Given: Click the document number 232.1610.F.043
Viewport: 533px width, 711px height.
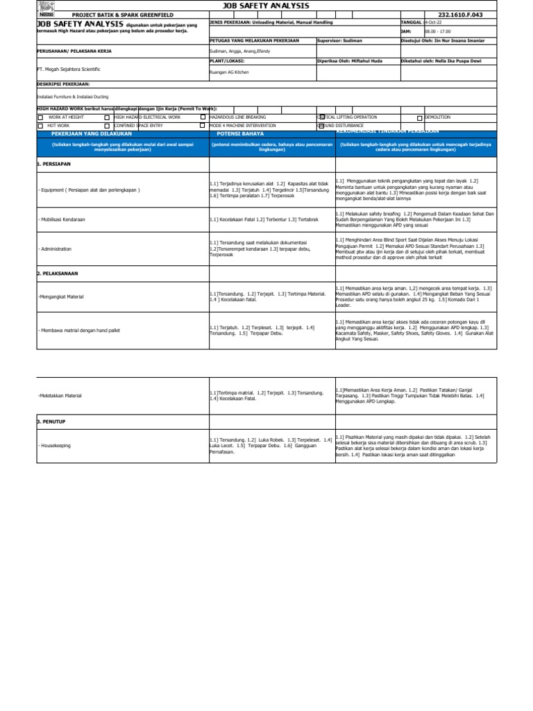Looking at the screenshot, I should click(x=477, y=15).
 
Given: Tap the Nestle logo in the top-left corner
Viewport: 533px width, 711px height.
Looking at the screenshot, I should click(x=46, y=14).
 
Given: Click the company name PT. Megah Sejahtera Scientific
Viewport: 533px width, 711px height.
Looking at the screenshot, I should click(x=69, y=69).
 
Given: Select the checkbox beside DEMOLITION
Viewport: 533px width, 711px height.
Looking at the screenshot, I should click(x=419, y=118).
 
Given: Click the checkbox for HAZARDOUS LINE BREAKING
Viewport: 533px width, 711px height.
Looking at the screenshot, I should click(x=203, y=117).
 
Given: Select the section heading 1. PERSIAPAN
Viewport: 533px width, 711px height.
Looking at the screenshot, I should click(x=56, y=164).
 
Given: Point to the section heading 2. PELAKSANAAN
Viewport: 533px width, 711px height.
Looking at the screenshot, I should click(x=60, y=274).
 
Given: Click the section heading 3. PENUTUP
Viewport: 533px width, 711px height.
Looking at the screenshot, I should click(x=53, y=421).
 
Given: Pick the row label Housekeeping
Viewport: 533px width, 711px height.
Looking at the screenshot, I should click(x=56, y=445).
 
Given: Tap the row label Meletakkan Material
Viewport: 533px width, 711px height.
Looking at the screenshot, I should click(x=60, y=395).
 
